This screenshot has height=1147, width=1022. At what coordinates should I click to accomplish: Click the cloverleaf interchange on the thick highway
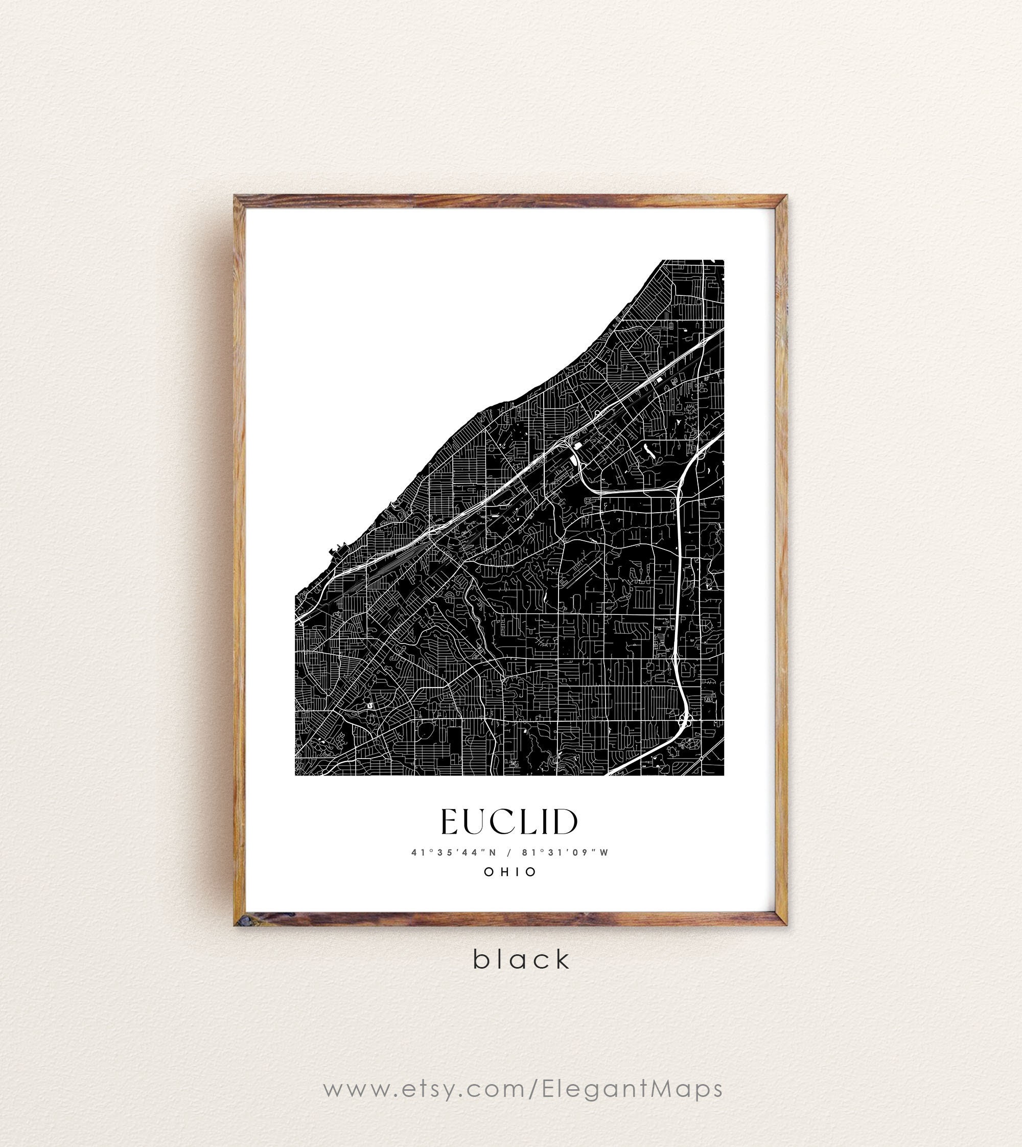684,719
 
